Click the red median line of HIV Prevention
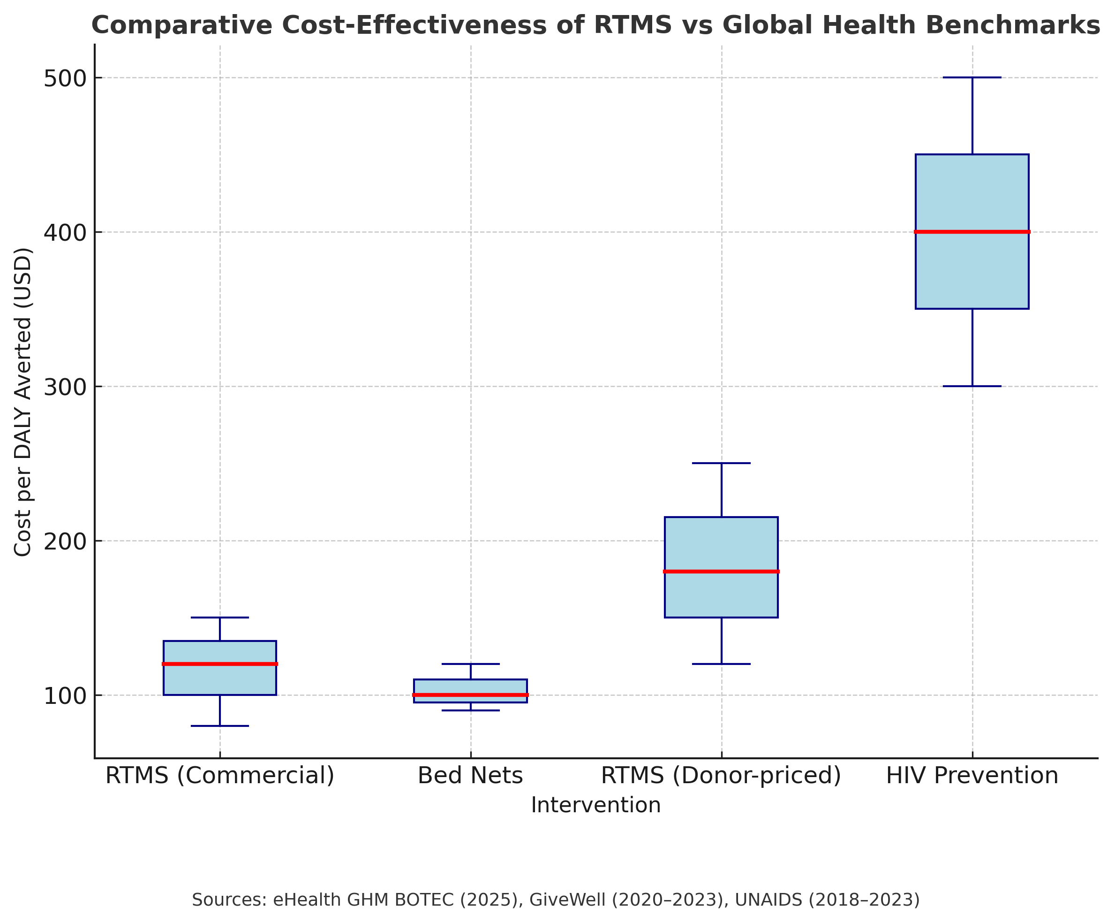tap(972, 232)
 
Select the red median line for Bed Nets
tap(470, 694)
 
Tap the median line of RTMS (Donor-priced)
tap(721, 571)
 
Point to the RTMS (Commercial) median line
tap(220, 664)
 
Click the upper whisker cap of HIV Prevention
tap(972, 77)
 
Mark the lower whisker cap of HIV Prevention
tap(972, 386)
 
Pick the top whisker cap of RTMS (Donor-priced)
tap(721, 463)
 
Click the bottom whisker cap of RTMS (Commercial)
tap(220, 725)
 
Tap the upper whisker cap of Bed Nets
tap(470, 664)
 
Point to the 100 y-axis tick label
tap(65, 695)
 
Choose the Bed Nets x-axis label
tap(470, 776)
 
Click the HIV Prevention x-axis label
tap(972, 776)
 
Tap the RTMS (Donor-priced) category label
tap(721, 776)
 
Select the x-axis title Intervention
tap(596, 805)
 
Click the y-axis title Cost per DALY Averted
tap(23, 402)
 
